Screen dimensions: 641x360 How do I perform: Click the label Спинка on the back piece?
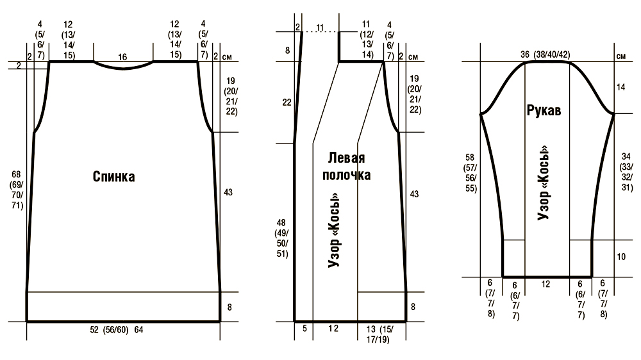[113, 177]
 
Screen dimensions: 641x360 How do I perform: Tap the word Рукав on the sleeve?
[544, 110]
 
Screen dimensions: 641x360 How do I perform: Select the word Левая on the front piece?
[346, 158]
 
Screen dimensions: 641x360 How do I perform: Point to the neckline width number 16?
[122, 57]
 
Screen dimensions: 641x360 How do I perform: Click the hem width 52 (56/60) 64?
[117, 330]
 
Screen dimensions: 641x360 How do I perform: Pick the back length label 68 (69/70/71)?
[17, 190]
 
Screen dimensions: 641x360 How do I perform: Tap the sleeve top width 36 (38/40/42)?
[545, 54]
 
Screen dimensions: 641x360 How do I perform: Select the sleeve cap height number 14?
[621, 87]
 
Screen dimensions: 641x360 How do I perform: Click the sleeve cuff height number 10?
[621, 257]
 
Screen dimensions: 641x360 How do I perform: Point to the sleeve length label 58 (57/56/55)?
[470, 173]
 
